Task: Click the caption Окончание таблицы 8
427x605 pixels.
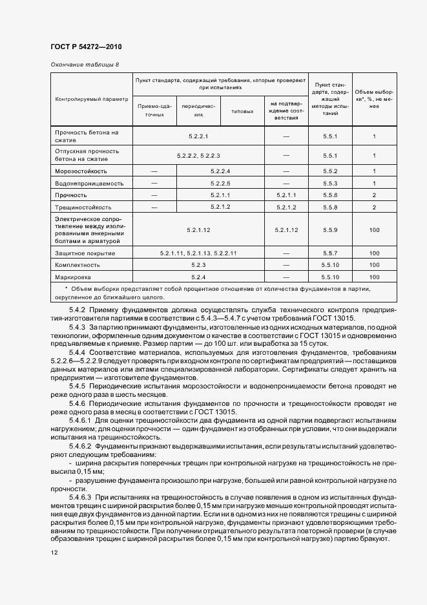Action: [84, 65]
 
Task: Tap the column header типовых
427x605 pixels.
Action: [242, 111]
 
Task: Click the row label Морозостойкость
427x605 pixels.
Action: [81, 171]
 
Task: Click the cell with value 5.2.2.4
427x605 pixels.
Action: [220, 171]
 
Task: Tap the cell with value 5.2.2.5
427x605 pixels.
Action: [220, 184]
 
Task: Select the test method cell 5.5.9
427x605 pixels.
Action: [330, 230]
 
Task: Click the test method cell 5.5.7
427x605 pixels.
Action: [330, 253]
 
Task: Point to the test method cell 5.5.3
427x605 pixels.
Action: [330, 184]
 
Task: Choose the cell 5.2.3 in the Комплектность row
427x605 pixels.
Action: [198, 265]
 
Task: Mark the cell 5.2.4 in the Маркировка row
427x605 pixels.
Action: [198, 277]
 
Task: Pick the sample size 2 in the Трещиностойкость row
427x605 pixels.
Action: [374, 207]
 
